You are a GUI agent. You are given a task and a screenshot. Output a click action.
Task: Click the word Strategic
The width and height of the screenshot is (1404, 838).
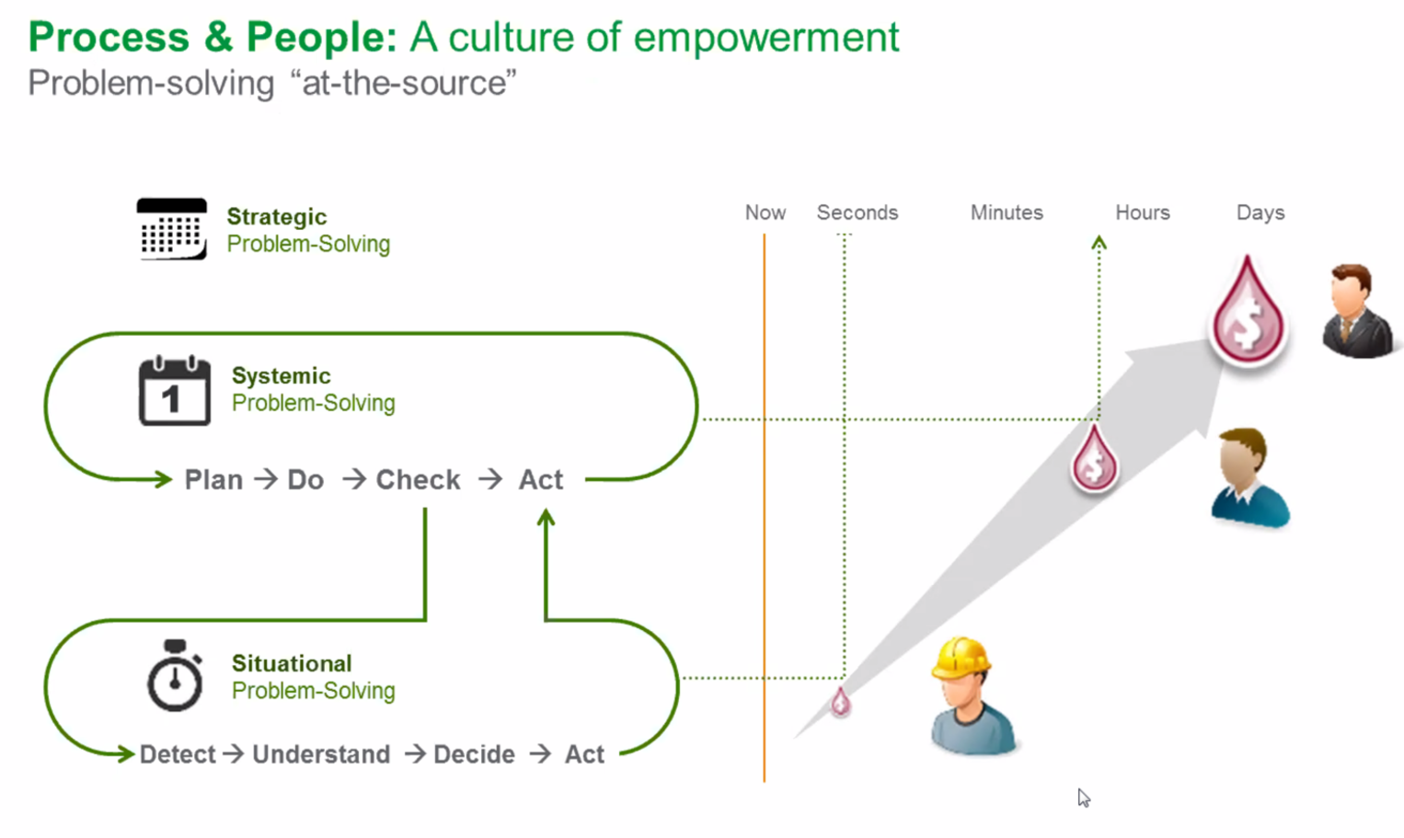[x=276, y=216]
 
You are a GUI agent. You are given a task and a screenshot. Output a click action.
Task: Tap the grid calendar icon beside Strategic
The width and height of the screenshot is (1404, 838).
[x=172, y=229]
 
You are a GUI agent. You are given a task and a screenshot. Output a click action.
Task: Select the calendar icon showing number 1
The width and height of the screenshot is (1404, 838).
[x=174, y=391]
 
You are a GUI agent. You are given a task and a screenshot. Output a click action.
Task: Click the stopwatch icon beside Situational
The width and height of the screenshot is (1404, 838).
[x=174, y=676]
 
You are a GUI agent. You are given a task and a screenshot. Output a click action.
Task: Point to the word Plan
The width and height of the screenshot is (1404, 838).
[x=213, y=480]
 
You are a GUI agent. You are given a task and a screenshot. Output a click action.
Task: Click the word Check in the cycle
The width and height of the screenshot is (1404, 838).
[x=418, y=480]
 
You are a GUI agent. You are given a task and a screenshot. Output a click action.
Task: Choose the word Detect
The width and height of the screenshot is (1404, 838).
[x=178, y=754]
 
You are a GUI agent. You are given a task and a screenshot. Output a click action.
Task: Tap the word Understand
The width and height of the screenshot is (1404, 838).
[x=321, y=754]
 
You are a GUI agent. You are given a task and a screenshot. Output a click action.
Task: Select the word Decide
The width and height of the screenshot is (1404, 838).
[x=474, y=754]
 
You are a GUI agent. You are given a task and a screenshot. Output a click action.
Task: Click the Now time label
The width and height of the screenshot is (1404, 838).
[x=765, y=212]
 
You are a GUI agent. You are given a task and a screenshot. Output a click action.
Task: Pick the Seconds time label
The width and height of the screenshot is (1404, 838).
[x=857, y=212]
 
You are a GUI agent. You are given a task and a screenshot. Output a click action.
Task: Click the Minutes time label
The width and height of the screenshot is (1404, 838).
[x=1007, y=212]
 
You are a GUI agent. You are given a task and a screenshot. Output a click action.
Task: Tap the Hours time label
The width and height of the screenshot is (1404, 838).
[x=1143, y=212]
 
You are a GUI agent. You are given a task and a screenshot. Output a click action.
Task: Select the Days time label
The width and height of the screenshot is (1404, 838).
[x=1260, y=212]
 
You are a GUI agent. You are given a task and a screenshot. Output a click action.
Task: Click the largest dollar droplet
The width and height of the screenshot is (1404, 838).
[x=1248, y=315]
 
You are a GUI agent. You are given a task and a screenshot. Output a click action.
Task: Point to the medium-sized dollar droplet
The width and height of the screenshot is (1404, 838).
[x=1094, y=460]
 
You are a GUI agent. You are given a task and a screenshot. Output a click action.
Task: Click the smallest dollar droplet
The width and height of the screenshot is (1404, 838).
[x=840, y=703]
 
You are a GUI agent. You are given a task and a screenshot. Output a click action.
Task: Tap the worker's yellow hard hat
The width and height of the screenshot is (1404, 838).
[x=961, y=658]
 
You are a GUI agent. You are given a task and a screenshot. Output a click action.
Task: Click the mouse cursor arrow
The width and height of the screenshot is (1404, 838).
[x=1084, y=798]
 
